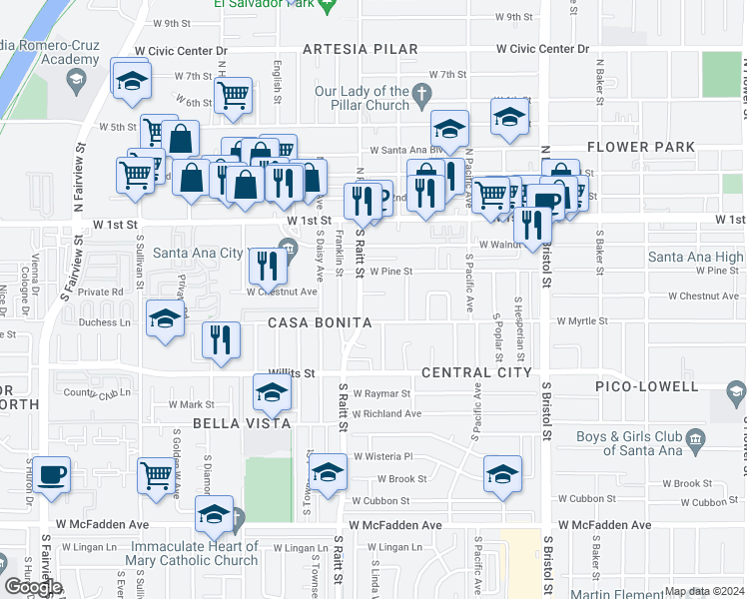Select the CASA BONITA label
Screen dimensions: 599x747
[320, 323]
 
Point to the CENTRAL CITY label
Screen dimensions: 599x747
[476, 372]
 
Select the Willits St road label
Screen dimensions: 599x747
[291, 373]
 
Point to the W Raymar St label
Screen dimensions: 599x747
[379, 394]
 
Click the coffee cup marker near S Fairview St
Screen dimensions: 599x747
[51, 474]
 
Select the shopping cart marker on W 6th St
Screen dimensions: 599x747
[233, 96]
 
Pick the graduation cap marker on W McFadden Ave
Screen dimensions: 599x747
[214, 514]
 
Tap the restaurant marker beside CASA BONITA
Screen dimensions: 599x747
[221, 339]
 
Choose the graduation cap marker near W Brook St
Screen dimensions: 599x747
[502, 473]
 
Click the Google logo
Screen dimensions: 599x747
[33, 587]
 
